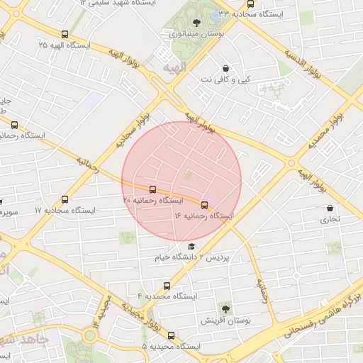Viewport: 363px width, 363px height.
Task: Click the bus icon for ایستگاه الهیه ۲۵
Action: click(x=65, y=34)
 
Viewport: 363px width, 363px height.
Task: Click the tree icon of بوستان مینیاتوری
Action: click(x=196, y=22)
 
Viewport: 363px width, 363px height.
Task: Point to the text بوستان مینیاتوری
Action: click(x=196, y=33)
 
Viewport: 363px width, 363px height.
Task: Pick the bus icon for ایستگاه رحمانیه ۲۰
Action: click(x=153, y=189)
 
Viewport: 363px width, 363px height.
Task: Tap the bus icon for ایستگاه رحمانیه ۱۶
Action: click(x=205, y=205)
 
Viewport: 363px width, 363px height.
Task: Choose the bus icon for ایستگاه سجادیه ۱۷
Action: click(x=65, y=200)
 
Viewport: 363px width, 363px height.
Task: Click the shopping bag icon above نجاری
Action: click(x=330, y=208)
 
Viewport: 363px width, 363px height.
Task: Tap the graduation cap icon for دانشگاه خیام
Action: click(x=191, y=246)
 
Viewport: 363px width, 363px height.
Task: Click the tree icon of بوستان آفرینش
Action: click(x=225, y=308)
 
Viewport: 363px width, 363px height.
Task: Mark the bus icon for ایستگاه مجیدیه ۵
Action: click(x=171, y=335)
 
